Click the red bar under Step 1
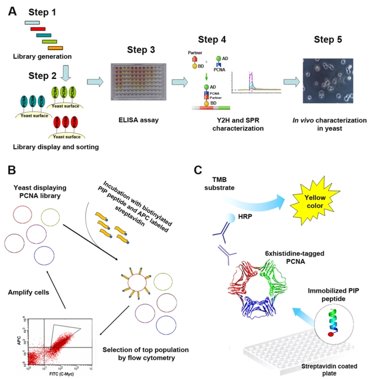[x=38, y=28]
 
